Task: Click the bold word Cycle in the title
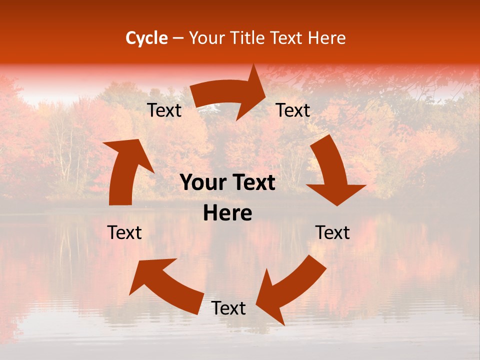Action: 146,38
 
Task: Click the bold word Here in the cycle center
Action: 227,213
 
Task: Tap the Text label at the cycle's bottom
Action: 228,308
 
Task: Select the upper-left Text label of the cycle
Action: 164,110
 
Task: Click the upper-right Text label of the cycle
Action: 293,110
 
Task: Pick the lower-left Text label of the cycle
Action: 124,232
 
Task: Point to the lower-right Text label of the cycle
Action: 332,232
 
